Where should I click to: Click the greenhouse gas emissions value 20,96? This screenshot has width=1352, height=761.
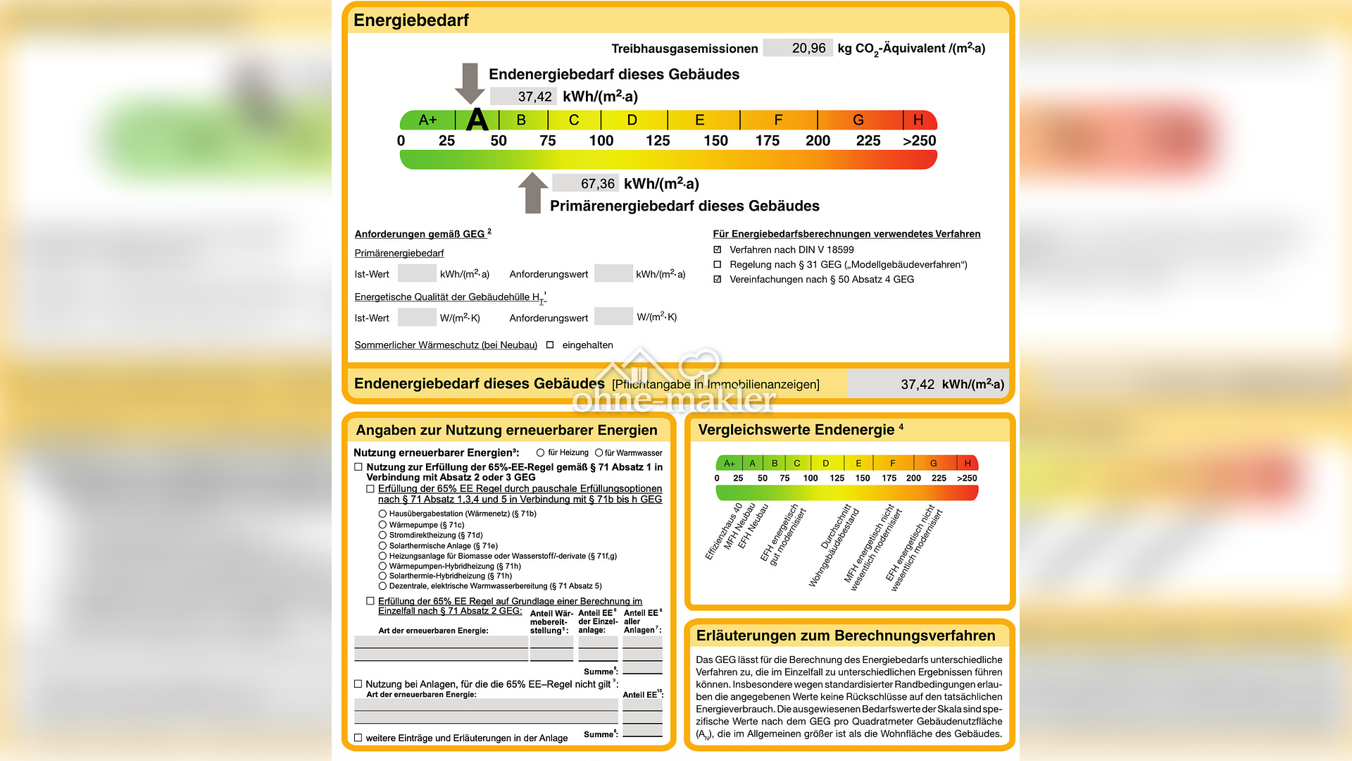coord(808,48)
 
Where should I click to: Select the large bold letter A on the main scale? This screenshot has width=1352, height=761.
coord(477,120)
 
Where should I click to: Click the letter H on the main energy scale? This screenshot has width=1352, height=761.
coord(918,120)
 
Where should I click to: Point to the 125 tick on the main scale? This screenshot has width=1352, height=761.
coord(658,141)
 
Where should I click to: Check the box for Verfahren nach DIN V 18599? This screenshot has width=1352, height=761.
coord(718,250)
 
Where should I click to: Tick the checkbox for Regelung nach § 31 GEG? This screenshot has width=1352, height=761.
coord(718,265)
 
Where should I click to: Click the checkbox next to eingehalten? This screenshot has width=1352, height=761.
coord(550,345)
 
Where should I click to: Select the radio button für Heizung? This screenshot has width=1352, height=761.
coord(540,453)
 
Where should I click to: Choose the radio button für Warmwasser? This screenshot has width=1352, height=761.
coord(599,453)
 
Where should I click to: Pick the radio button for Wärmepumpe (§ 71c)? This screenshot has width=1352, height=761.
coord(382,525)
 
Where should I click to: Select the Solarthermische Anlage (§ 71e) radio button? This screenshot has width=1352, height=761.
coord(382,546)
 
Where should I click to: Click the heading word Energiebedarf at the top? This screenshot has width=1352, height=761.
coord(411,20)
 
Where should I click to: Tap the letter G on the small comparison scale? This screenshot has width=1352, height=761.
coord(933,464)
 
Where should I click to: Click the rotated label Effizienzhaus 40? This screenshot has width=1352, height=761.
coord(723,531)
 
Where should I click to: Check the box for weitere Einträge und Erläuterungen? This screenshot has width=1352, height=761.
coord(358,738)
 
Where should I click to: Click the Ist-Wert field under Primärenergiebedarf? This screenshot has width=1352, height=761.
coord(416,273)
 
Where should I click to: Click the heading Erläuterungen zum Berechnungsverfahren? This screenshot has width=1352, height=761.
coord(845,636)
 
